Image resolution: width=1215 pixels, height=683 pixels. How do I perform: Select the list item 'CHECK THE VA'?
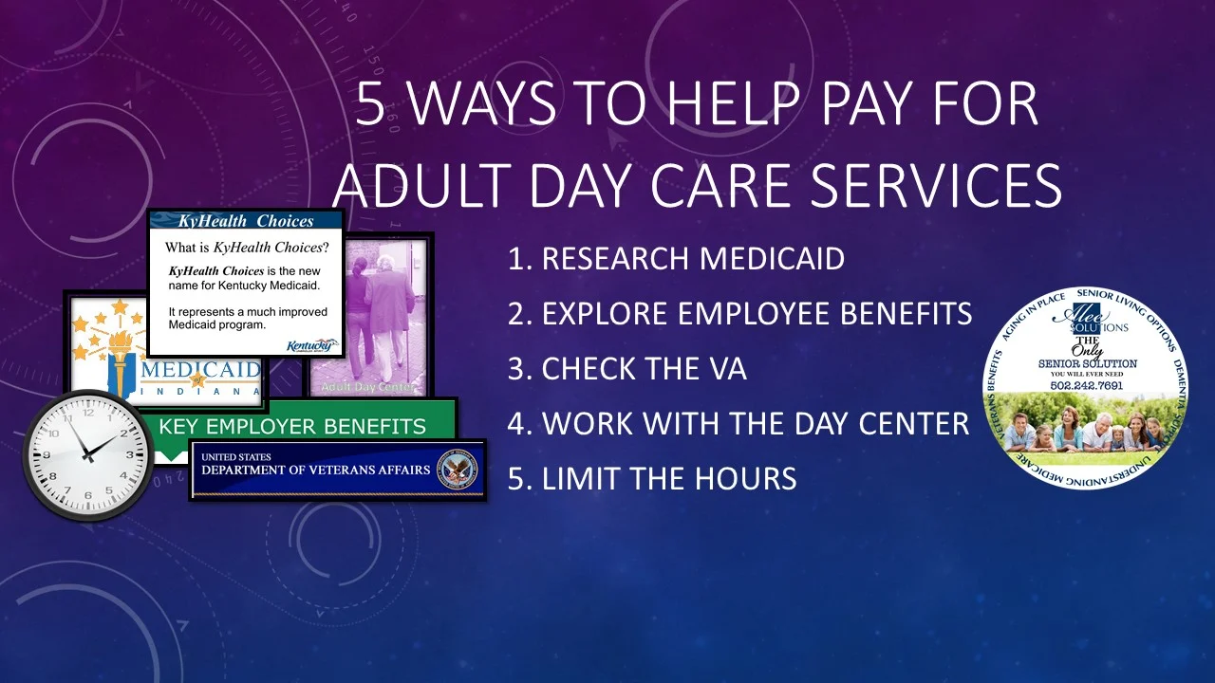pos(627,369)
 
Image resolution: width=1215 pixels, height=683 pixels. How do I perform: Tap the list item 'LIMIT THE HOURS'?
pos(652,479)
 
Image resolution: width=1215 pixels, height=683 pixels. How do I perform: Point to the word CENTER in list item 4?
pos(912,424)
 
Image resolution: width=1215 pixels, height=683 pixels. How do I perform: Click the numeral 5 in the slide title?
pos(371,105)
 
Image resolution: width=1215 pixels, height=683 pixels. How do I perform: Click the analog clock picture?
pos(87,454)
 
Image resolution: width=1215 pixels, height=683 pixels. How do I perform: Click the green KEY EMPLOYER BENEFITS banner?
pos(294,425)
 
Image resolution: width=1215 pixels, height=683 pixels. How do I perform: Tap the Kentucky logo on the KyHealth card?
pos(312,345)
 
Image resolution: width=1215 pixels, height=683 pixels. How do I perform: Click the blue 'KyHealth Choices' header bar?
pos(246,221)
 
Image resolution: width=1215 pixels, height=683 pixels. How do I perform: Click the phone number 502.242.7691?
pos(1087,385)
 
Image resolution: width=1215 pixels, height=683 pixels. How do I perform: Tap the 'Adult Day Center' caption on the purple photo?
pos(368,387)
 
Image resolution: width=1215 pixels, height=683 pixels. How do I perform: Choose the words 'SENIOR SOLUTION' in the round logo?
pos(1087,363)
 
